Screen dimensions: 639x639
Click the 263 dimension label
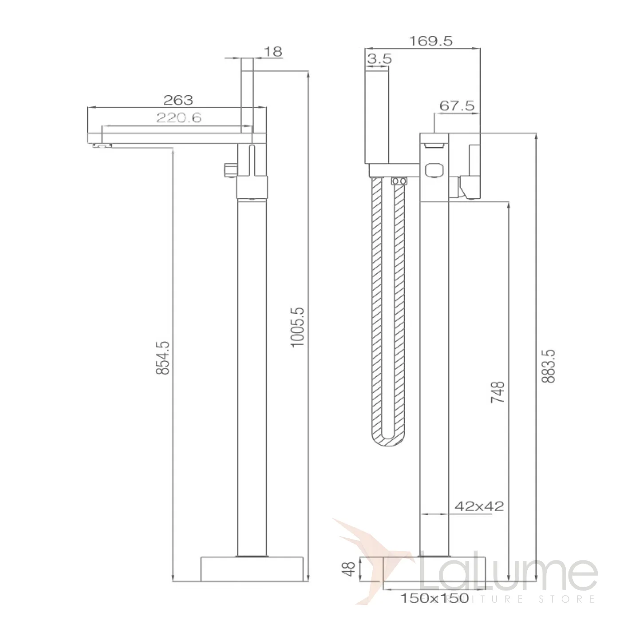178,100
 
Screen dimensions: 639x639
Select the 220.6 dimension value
179,118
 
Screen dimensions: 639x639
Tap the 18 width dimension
273,52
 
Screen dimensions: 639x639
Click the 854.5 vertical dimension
163,358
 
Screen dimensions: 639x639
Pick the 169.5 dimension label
431,41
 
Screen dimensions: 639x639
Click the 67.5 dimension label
457,106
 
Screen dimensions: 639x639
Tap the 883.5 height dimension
548,366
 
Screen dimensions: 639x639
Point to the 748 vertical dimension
497,392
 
